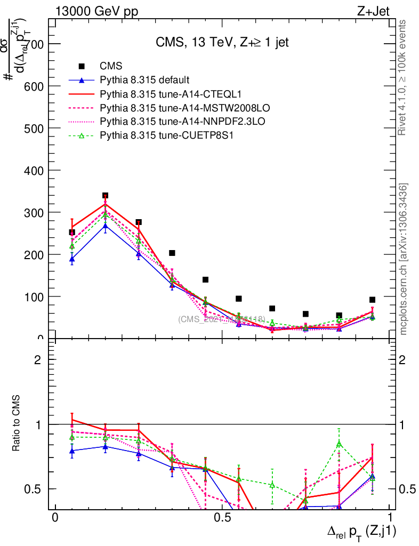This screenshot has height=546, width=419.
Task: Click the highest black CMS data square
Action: pyautogui.click(x=105, y=196)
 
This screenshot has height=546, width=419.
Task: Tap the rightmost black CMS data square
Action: pyautogui.click(x=372, y=300)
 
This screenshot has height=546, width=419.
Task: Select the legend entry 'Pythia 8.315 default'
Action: pyautogui.click(x=144, y=80)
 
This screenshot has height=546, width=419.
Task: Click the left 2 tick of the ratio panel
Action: pyautogui.click(x=38, y=359)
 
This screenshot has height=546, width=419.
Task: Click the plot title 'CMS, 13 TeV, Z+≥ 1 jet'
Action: pyautogui.click(x=222, y=43)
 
